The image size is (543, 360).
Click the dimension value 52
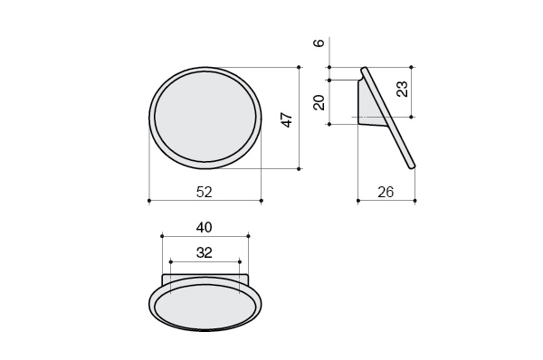(x=204, y=192)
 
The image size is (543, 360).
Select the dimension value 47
(x=288, y=119)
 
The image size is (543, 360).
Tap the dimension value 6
(x=319, y=43)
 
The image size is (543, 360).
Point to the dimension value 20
(x=319, y=102)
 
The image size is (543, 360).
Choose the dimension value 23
(x=402, y=89)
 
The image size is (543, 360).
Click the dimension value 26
(x=386, y=192)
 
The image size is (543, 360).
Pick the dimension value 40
(x=204, y=227)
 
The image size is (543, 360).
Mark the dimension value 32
(x=204, y=252)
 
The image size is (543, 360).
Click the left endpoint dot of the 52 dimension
(x=149, y=201)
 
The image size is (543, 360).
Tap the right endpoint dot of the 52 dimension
(x=262, y=201)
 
